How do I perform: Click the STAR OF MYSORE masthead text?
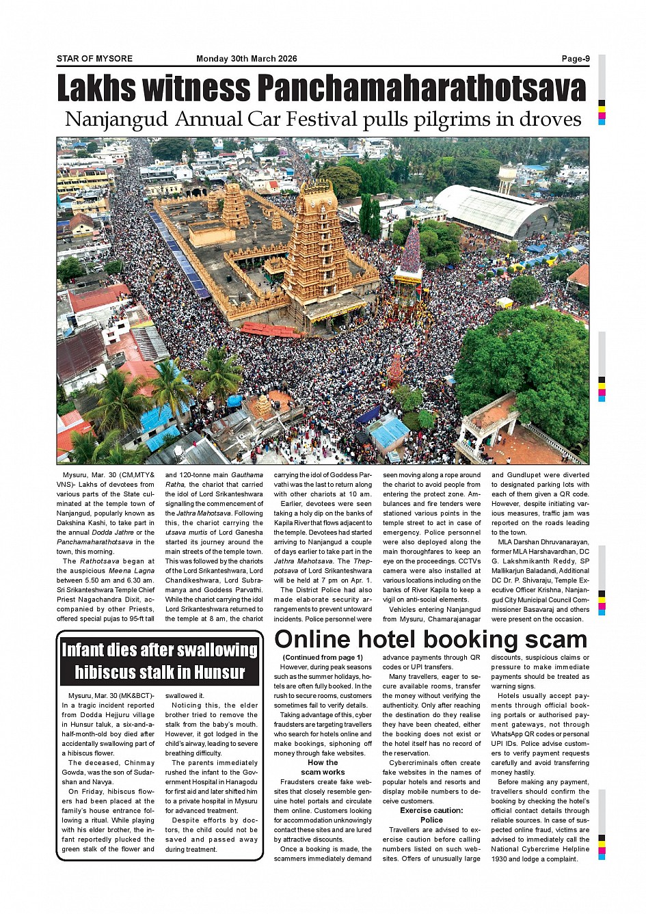pyautogui.click(x=94, y=59)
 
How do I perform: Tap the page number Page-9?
pyautogui.click(x=575, y=59)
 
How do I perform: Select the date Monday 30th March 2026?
pyautogui.click(x=246, y=59)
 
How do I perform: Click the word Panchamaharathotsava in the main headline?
pyautogui.click(x=421, y=89)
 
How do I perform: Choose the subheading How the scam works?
pyautogui.click(x=323, y=767)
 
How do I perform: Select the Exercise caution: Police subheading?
pyautogui.click(x=431, y=815)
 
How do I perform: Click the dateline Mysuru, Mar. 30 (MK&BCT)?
pyautogui.click(x=106, y=696)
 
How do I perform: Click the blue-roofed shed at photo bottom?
pyautogui.click(x=390, y=432)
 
